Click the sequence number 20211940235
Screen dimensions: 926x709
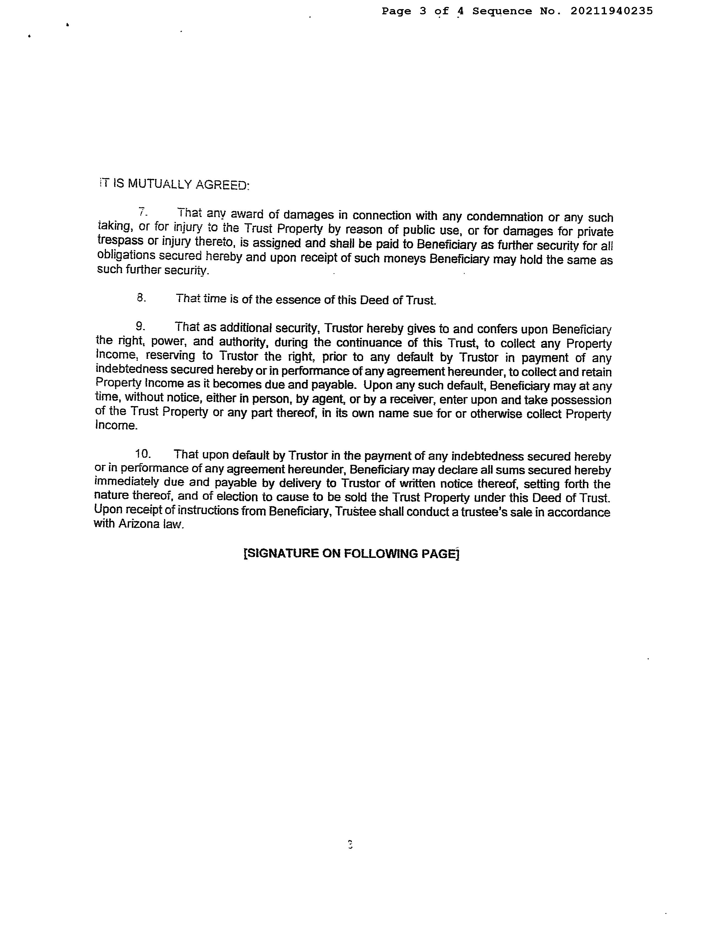(x=612, y=11)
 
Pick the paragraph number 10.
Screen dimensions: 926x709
(x=143, y=454)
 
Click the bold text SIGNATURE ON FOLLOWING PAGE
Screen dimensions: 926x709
(x=351, y=553)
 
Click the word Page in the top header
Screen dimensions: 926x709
(x=396, y=11)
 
